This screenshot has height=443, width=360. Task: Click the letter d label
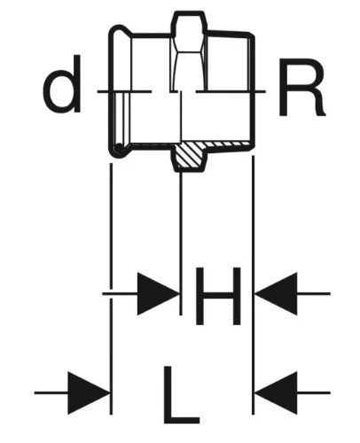pyautogui.click(x=62, y=83)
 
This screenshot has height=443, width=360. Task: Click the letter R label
pyautogui.click(x=301, y=87)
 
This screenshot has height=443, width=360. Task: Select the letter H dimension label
pyautogui.click(x=218, y=296)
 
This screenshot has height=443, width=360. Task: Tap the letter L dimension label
pyautogui.click(x=182, y=394)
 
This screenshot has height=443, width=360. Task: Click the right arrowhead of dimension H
pyautogui.click(x=277, y=294)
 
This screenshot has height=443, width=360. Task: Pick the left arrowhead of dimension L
pyautogui.click(x=89, y=392)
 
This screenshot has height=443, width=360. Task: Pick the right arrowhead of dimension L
pyautogui.click(x=277, y=392)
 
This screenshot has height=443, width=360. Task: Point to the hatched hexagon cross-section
pyautogui.click(x=190, y=156)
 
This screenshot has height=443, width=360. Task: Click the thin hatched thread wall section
pyautogui.click(x=228, y=144)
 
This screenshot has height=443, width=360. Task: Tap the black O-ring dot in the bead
pyautogui.click(x=119, y=147)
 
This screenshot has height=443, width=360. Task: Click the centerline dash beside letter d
pyautogui.click(x=125, y=91)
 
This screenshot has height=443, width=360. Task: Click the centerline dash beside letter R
pyautogui.click(x=231, y=91)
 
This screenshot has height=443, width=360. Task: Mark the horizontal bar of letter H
pyautogui.click(x=218, y=295)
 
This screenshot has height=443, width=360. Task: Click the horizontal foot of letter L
pyautogui.click(x=182, y=420)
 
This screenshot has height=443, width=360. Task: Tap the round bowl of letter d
pyautogui.click(x=59, y=91)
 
